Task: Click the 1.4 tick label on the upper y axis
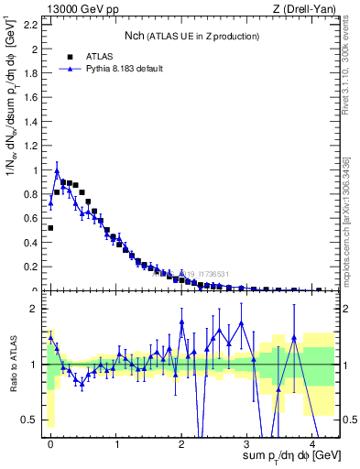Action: coord(30,121)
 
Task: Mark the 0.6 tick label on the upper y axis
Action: coord(30,218)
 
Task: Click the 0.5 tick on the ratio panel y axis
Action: coord(29,420)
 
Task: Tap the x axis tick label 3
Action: coord(247,443)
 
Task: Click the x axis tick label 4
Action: coord(313,443)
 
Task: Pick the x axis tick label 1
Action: coord(116,443)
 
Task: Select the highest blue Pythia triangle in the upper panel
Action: coord(57,170)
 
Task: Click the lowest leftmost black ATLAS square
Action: coord(50,228)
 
